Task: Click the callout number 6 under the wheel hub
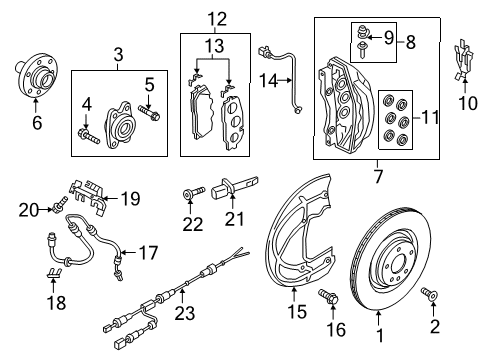pos(37,123)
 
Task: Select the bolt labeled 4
pos(88,137)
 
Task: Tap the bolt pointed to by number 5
pos(149,112)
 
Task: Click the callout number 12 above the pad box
pos(217,19)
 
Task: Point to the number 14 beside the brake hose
pos(268,81)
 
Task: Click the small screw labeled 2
pos(430,293)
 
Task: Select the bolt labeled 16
pos(329,296)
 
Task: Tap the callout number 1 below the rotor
pos(379,334)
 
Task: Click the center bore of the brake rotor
pos(398,264)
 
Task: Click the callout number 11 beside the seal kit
pos(430,118)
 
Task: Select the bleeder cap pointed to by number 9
pos(361,32)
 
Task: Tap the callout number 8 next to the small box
pos(411,43)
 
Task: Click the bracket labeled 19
pos(88,196)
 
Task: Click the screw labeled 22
pos(194,193)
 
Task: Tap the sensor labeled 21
pos(235,188)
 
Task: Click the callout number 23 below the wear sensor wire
pos(185,313)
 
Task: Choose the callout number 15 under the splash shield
pos(296,312)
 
